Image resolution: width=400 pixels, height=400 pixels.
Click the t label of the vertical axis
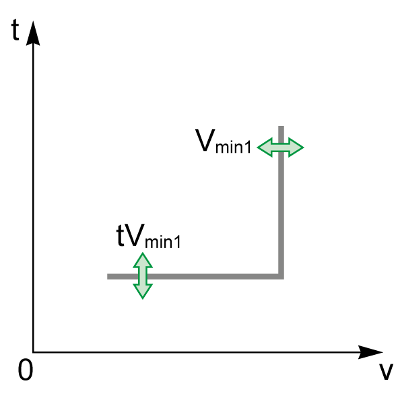click(15, 30)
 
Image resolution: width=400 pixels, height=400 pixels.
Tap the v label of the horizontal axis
click(385, 372)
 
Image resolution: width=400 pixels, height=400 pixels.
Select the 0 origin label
click(26, 370)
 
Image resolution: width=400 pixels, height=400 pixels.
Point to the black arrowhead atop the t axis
click(33, 33)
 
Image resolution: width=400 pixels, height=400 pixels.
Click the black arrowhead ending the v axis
click(370, 352)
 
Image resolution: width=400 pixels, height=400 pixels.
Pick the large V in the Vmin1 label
click(205, 140)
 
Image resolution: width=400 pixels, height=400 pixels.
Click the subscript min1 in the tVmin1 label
click(163, 242)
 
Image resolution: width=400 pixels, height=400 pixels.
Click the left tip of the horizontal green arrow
click(257, 147)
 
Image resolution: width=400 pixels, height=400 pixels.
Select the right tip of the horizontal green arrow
click(303, 147)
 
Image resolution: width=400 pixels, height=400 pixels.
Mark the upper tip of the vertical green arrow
click(143, 253)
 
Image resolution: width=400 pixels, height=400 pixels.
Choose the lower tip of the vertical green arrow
click(143, 298)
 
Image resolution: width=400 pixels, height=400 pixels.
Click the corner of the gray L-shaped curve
click(281, 277)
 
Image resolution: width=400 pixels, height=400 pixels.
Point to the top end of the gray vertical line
click(281, 126)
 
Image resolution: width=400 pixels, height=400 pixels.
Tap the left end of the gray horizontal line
click(107, 277)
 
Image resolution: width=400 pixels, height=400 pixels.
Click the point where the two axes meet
click(33, 352)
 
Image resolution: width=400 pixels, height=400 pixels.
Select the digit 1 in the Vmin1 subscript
click(248, 147)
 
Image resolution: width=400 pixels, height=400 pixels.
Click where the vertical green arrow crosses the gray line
click(143, 277)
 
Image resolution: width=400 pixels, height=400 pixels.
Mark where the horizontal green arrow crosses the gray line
click(281, 147)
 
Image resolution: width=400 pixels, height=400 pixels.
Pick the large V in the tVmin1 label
click(135, 235)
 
